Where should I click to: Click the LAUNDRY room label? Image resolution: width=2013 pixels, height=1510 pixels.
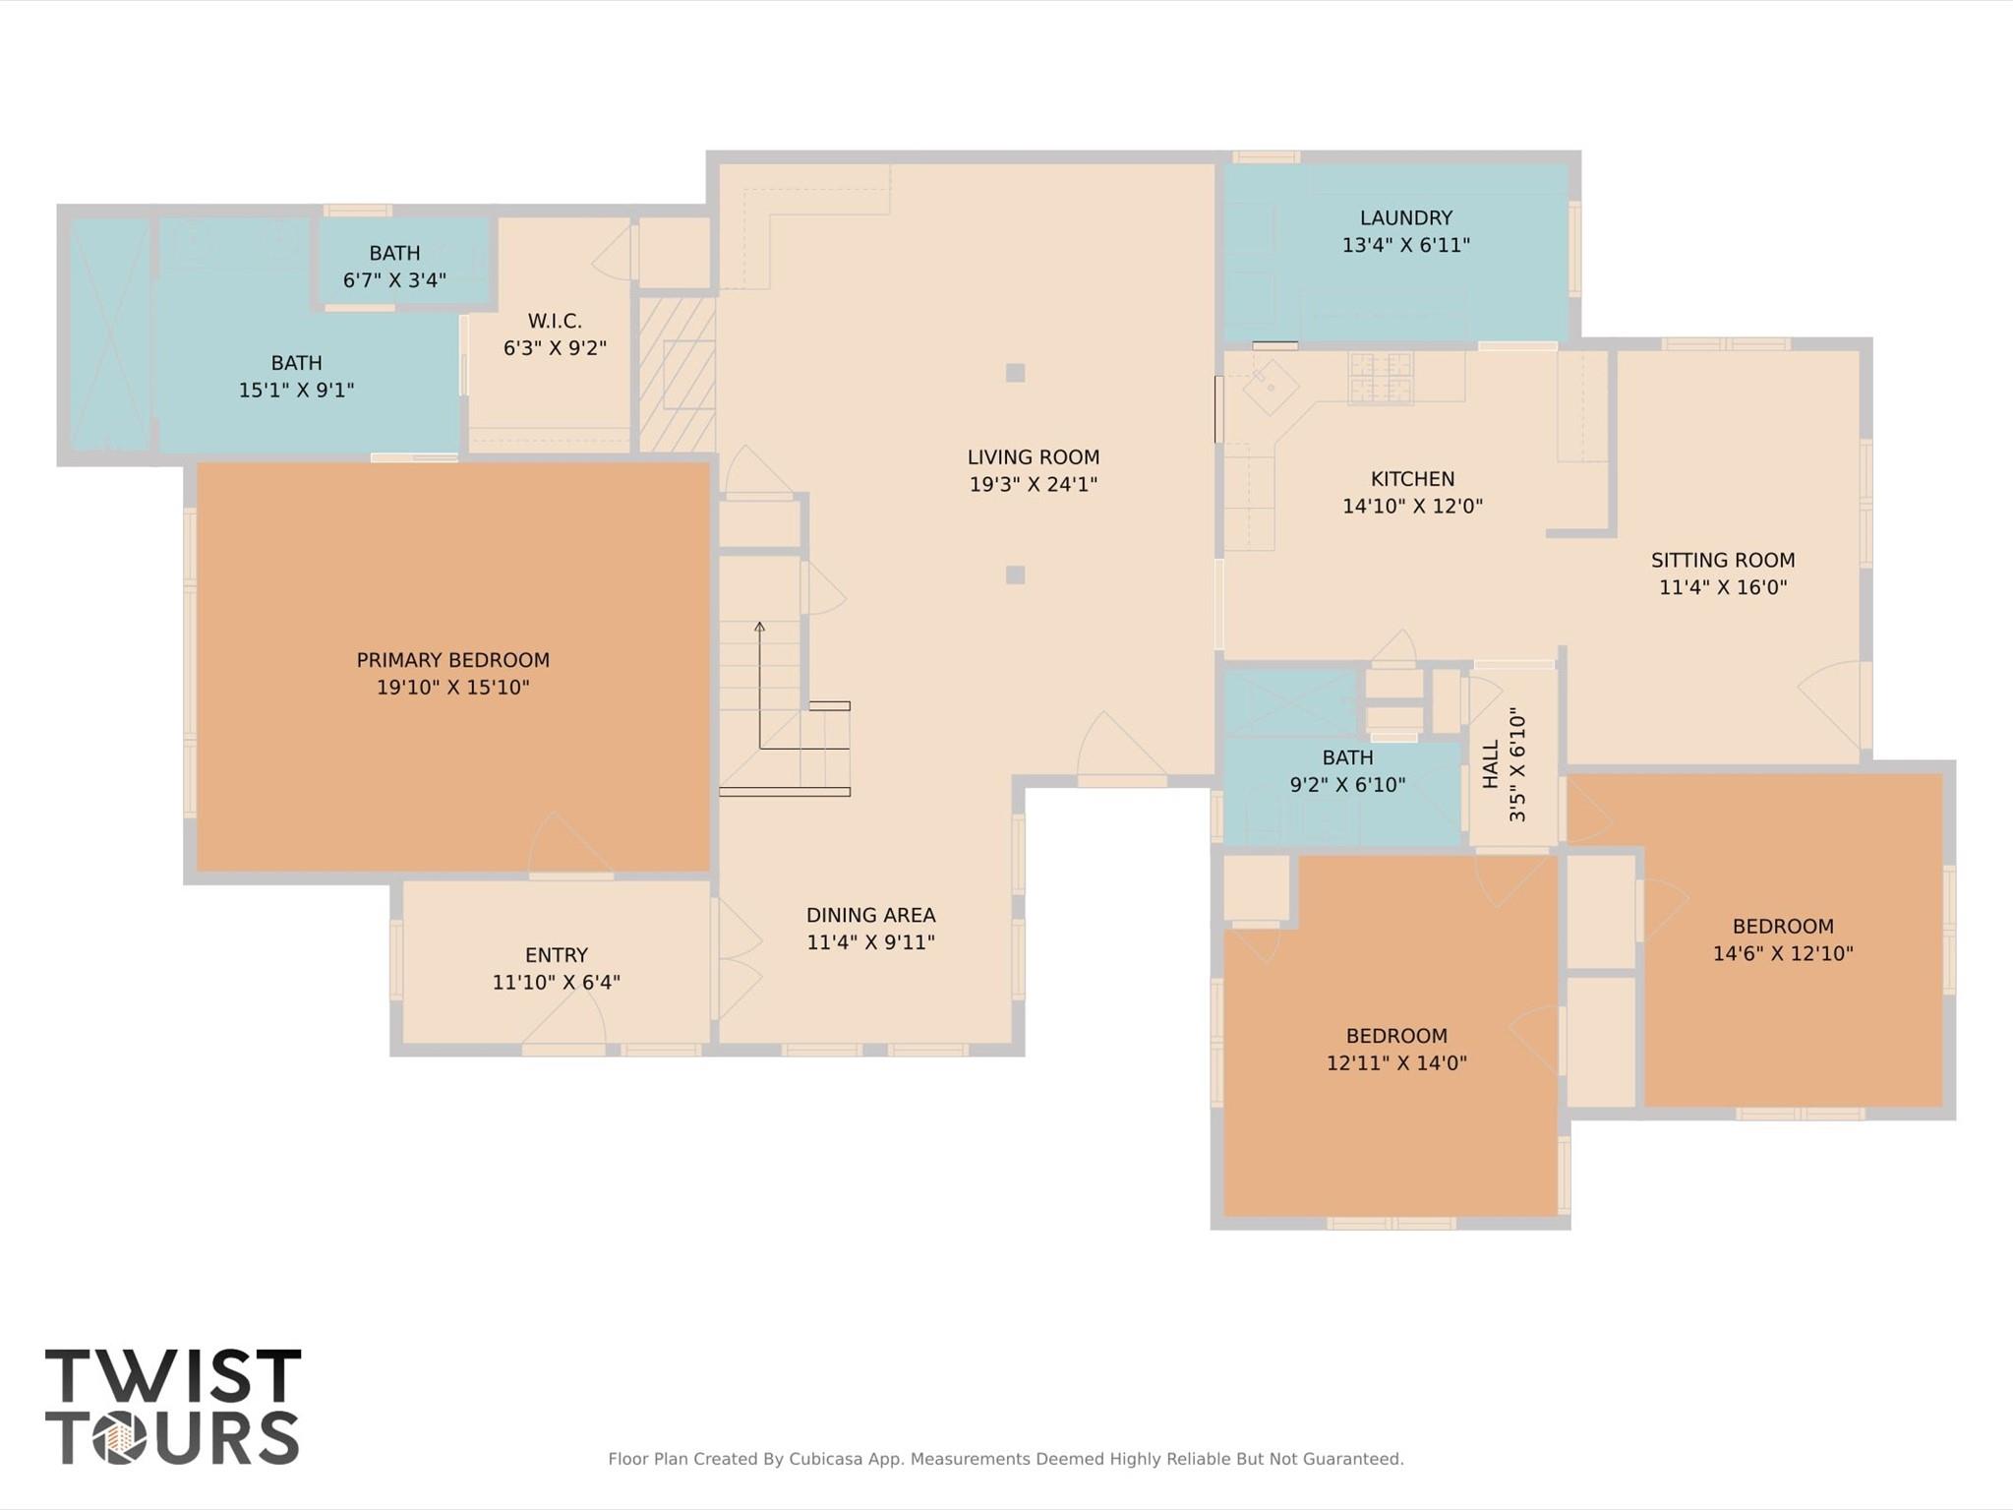point(1405,218)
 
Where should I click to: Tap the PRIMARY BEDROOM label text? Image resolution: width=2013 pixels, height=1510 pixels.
point(452,660)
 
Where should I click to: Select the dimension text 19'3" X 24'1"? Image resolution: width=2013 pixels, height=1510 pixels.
point(1033,484)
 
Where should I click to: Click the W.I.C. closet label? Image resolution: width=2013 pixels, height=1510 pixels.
point(555,321)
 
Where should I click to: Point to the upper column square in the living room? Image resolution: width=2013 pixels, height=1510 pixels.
point(1015,373)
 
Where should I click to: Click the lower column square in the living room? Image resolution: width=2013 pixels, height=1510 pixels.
point(1015,574)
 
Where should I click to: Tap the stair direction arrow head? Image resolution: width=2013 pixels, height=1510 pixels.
point(759,625)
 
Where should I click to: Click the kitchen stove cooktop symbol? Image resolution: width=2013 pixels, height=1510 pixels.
point(1380,378)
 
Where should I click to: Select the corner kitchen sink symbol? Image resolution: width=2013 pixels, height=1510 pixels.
point(1271,385)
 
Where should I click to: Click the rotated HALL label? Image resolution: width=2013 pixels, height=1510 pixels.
point(1491,763)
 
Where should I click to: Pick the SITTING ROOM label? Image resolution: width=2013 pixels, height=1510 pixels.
point(1722,561)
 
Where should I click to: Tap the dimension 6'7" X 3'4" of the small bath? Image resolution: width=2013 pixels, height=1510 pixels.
point(394,280)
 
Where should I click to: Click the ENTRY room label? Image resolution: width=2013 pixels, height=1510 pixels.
point(556,955)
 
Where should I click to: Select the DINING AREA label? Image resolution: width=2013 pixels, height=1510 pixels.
point(870,915)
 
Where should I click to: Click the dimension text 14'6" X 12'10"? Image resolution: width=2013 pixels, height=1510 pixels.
point(1782,953)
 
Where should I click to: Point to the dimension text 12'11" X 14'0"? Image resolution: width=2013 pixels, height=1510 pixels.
point(1395,1062)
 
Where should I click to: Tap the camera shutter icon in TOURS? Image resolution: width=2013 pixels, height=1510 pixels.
point(120,1439)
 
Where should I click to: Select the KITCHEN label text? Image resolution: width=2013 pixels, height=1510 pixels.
point(1412,479)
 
